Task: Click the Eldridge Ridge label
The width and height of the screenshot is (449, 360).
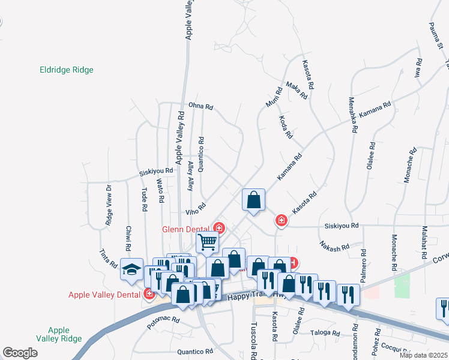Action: point(67,70)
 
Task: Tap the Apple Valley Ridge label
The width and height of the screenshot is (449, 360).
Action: point(58,334)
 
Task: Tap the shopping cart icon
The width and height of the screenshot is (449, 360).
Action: point(207,243)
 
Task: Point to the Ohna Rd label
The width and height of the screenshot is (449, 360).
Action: point(200,107)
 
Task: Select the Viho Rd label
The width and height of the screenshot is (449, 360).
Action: point(196,209)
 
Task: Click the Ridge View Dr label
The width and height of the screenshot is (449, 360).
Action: point(109,205)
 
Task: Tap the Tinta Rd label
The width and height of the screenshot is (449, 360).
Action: point(109,259)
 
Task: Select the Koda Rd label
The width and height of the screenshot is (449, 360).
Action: point(286,126)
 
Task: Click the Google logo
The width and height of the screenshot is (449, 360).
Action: point(20,353)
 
